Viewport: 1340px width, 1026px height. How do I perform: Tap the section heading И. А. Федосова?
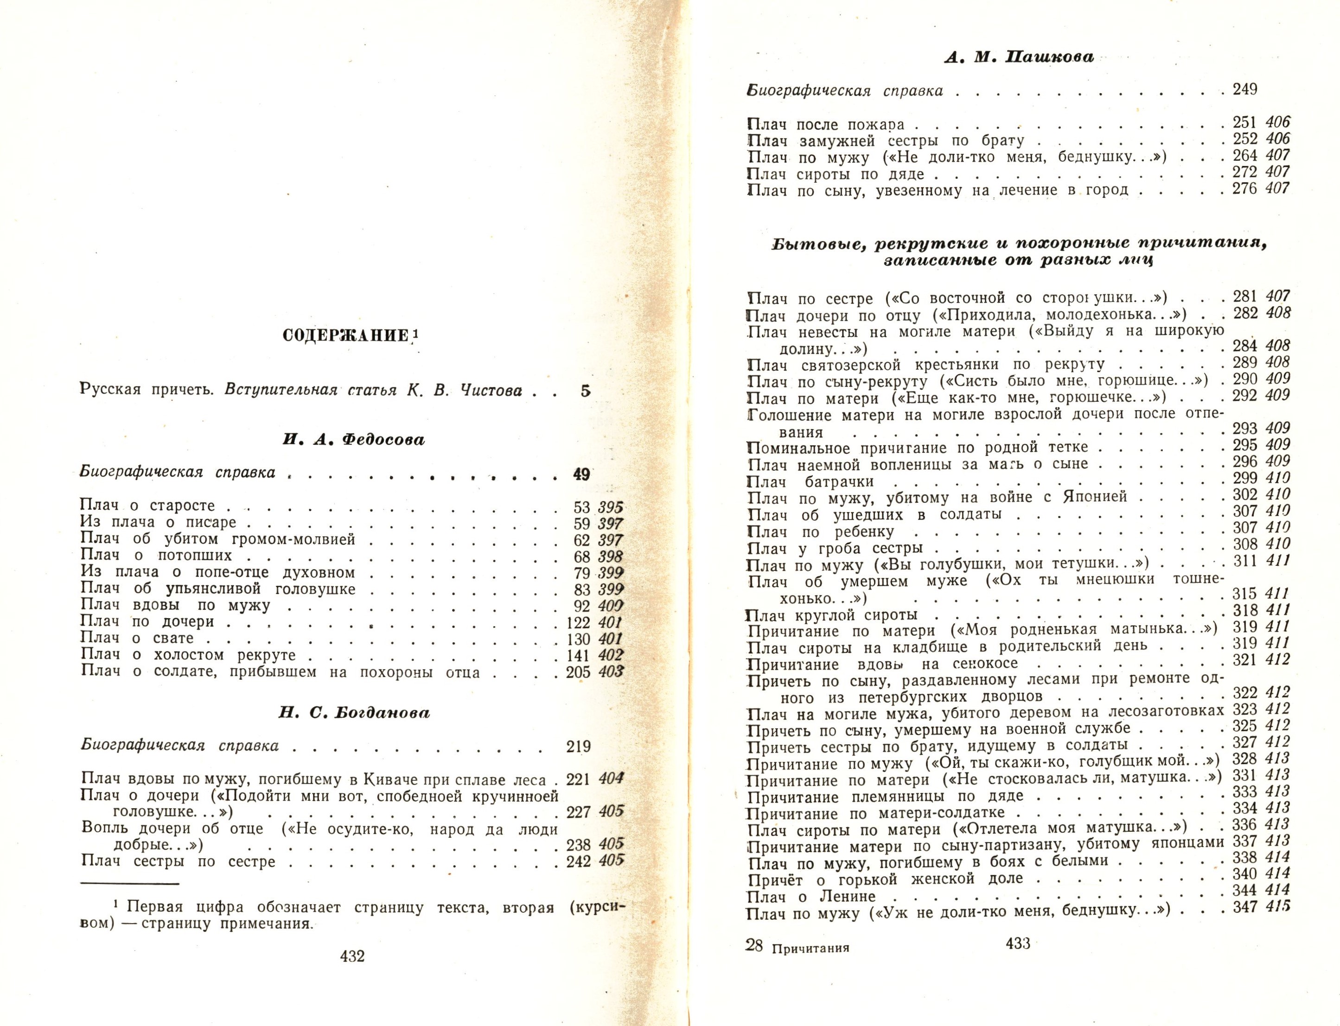click(354, 440)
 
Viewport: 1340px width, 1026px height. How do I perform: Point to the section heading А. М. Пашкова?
click(1019, 57)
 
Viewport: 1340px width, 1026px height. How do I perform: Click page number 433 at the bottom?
click(1018, 944)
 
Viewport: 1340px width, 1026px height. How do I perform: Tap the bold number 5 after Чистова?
click(585, 391)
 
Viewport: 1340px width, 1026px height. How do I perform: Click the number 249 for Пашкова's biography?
click(1244, 90)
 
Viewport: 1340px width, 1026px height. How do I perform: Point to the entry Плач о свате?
click(138, 639)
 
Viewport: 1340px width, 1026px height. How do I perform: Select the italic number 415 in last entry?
click(1278, 906)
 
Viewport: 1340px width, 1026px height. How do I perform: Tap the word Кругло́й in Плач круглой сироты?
click(829, 615)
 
